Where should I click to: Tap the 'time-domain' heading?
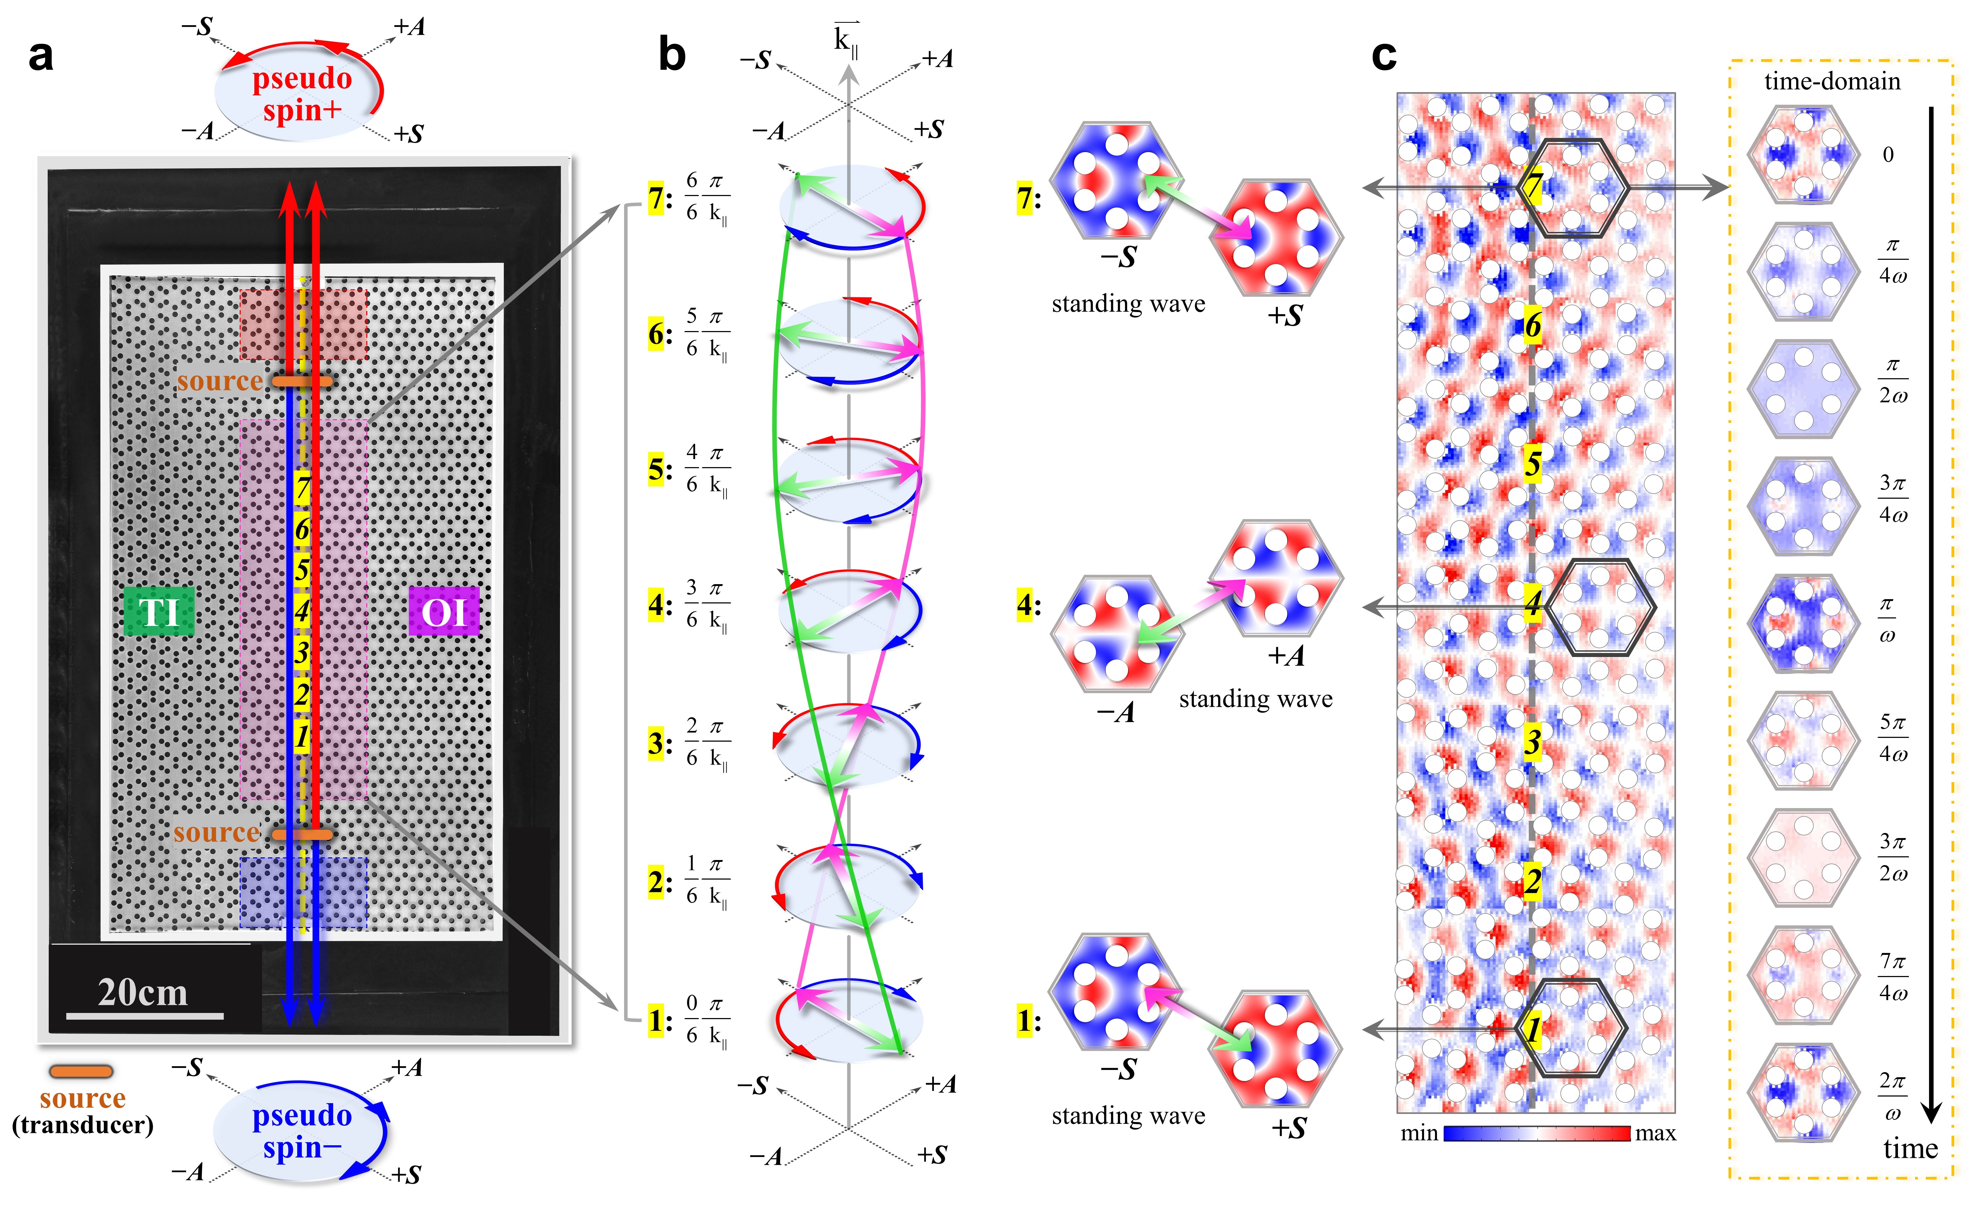tap(1832, 81)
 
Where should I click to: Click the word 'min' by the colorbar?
tap(1418, 1133)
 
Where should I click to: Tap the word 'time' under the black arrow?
tap(1910, 1148)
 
